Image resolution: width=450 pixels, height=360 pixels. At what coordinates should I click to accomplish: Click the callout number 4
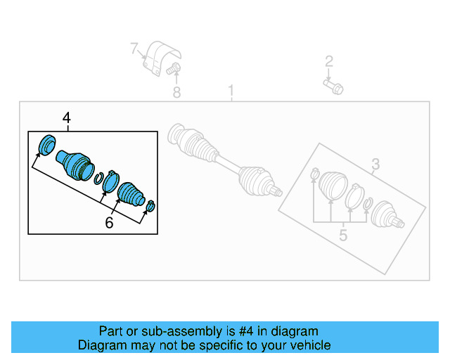click(x=67, y=118)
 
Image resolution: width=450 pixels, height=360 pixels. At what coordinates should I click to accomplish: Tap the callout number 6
click(x=109, y=223)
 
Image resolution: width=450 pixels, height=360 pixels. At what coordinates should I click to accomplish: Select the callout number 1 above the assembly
click(x=230, y=91)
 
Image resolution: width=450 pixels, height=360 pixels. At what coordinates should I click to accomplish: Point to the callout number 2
click(x=328, y=62)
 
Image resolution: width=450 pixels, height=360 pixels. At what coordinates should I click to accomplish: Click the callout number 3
click(x=375, y=165)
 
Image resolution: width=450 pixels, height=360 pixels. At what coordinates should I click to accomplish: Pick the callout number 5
click(x=342, y=235)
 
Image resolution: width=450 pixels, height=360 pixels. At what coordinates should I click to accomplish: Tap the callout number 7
click(x=134, y=49)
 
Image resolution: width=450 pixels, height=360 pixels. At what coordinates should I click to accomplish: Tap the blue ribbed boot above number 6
click(x=131, y=193)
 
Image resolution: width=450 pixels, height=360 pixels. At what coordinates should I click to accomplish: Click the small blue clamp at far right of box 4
click(x=151, y=205)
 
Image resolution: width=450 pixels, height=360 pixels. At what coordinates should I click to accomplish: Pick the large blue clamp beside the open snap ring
click(x=110, y=182)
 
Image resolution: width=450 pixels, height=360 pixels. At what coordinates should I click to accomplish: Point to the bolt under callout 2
click(x=333, y=86)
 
